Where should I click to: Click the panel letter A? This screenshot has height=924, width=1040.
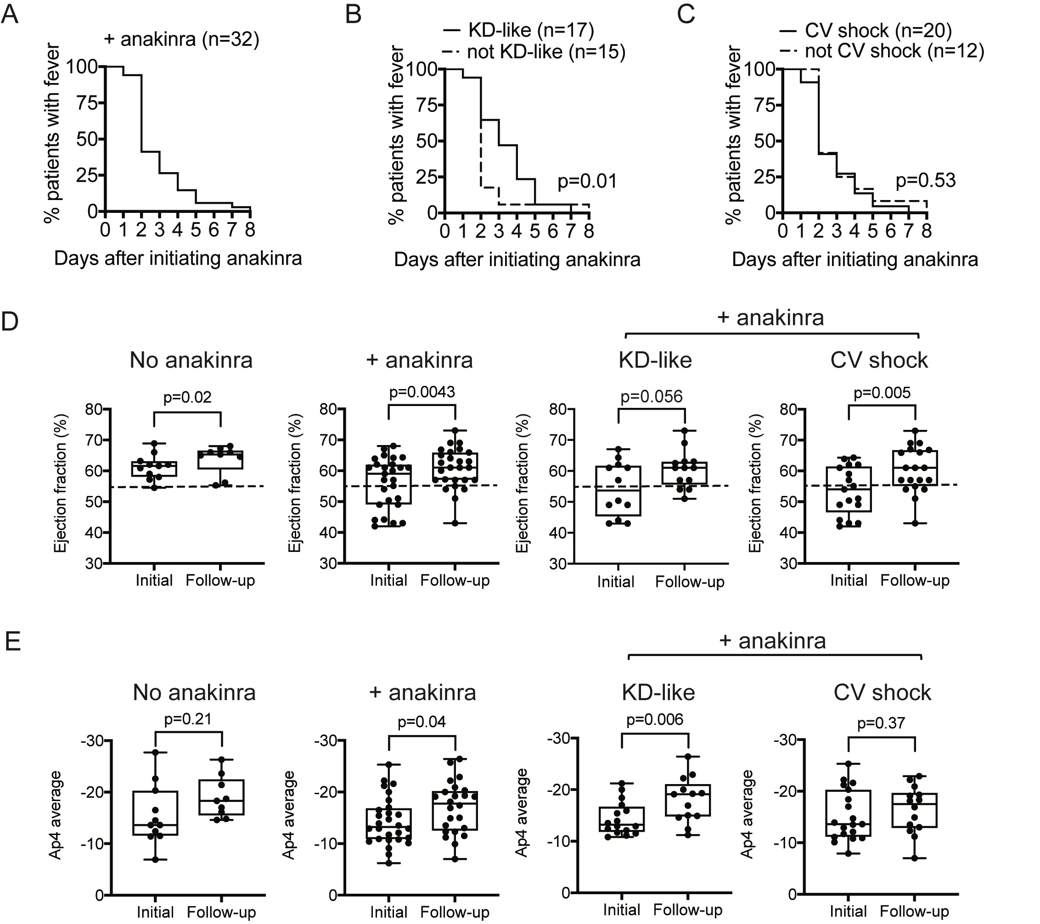point(10,14)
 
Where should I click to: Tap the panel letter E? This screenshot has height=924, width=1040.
point(12,642)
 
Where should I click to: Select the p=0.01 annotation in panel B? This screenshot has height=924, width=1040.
point(587,181)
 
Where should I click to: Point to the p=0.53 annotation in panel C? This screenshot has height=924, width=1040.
point(926,180)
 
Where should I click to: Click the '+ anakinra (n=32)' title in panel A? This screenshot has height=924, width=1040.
point(182,39)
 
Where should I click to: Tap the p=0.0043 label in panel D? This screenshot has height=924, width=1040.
point(422,392)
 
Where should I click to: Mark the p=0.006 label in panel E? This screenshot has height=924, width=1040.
point(654,719)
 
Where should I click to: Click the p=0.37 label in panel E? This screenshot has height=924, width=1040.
point(881,723)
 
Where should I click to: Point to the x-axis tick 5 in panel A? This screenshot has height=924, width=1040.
point(196,230)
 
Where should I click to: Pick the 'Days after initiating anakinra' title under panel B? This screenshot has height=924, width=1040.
point(517,260)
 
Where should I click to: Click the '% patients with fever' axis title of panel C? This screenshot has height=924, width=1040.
point(733,135)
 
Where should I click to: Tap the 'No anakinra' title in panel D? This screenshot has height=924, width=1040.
point(191,360)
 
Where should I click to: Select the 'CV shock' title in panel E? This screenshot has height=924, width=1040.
point(882,692)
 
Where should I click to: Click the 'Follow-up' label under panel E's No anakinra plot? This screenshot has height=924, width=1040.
point(221,912)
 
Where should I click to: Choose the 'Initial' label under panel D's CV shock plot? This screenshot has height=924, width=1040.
point(849,580)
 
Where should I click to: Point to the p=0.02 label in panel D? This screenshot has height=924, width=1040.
point(187,397)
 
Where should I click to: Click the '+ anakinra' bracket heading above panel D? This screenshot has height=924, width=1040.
point(770,317)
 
